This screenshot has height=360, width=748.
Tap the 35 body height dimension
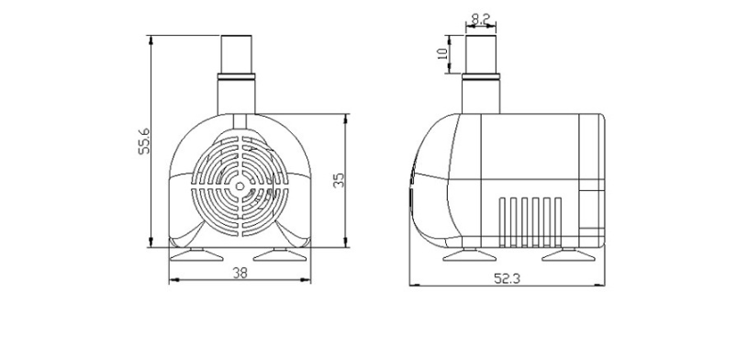click(x=338, y=180)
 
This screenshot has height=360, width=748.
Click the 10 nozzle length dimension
click(x=443, y=54)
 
